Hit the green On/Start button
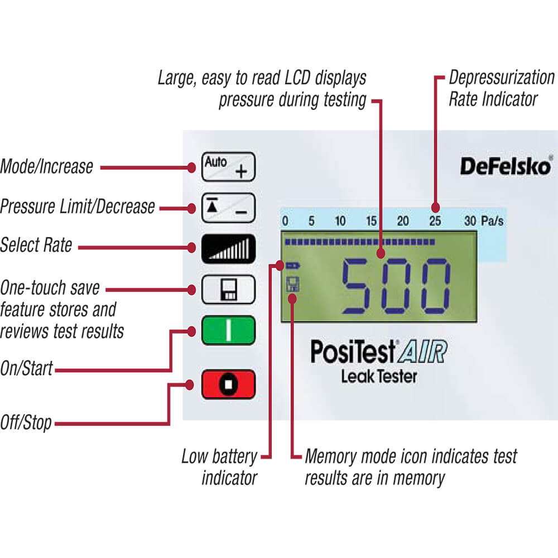coord(228,330)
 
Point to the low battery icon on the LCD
coord(292,265)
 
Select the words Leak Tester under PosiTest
coord(379,377)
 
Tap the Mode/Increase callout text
coord(46,166)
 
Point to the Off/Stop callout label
coord(26,422)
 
